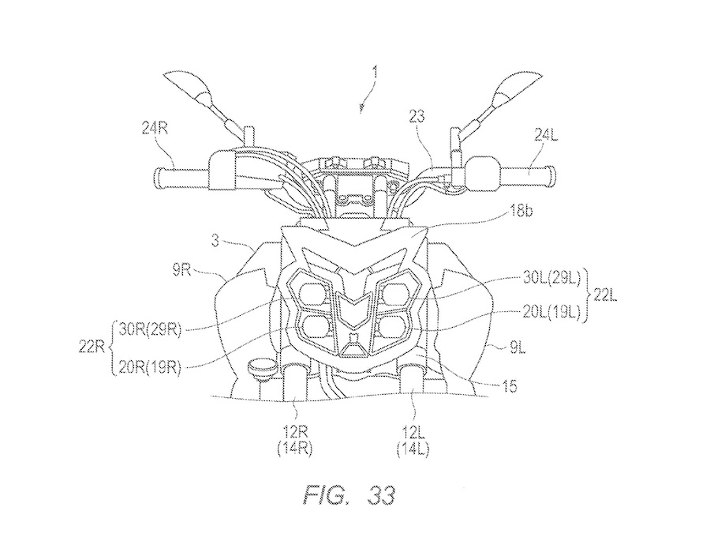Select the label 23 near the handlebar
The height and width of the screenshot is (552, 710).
tap(417, 117)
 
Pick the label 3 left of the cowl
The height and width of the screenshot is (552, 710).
tap(215, 241)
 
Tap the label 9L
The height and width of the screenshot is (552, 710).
tap(515, 349)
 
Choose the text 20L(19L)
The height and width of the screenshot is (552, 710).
tap(551, 313)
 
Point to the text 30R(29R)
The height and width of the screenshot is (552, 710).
tap(149, 329)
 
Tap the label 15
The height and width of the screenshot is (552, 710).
tap(510, 386)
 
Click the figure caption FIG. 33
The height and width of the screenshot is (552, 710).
tap(349, 495)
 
